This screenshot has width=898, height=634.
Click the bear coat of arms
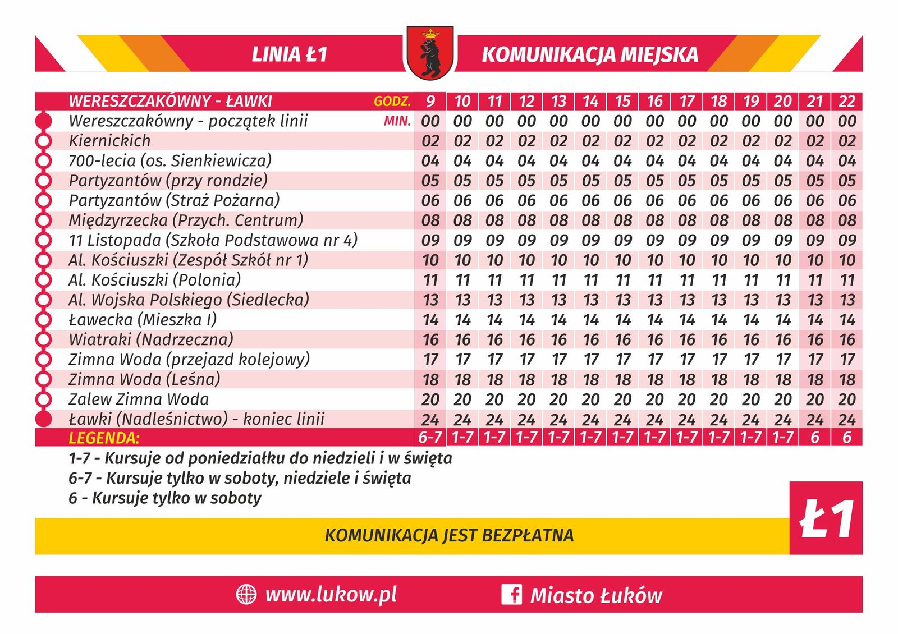(430, 53)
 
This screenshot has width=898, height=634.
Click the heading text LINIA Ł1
(289, 54)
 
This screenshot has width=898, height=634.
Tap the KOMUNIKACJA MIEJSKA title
(590, 54)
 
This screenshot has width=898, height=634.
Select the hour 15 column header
(622, 101)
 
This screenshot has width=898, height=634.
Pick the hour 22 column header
(846, 101)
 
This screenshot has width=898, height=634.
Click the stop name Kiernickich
(109, 141)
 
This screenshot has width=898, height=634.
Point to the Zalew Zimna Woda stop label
(139, 399)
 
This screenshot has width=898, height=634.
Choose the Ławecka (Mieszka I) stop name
(143, 320)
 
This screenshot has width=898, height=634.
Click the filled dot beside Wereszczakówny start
(43, 121)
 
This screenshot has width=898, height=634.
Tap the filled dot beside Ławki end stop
(43, 419)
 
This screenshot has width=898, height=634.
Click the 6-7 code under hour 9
(430, 438)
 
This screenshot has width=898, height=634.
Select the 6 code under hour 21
(815, 438)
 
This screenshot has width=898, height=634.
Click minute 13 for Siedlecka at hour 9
(430, 300)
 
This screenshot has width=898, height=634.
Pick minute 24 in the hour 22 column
(846, 420)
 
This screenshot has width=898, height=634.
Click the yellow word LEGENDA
(104, 438)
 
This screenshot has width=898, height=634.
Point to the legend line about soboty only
(165, 498)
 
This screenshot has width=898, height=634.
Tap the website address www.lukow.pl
(331, 595)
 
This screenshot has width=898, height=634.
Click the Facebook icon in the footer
(511, 595)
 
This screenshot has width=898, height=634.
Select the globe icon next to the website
(246, 595)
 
